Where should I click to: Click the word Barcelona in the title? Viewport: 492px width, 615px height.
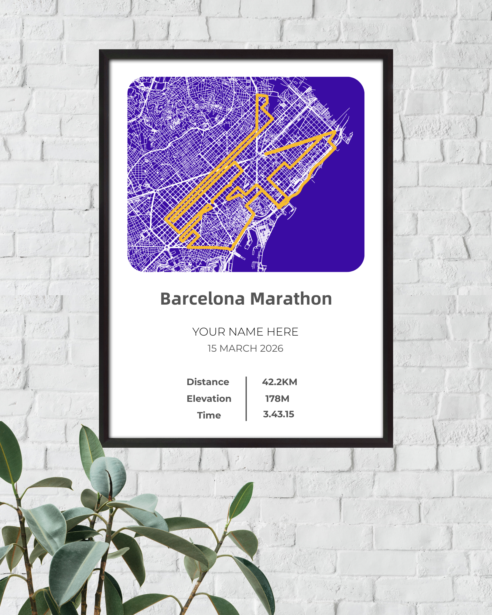(202, 299)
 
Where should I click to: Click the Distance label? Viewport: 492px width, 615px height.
(208, 382)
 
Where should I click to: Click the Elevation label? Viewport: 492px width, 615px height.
(209, 399)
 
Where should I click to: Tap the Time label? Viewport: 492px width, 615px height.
(209, 415)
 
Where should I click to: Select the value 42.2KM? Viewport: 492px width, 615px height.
(279, 382)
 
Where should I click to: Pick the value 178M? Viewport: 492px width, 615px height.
(277, 399)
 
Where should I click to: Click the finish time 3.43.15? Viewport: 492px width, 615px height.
(278, 414)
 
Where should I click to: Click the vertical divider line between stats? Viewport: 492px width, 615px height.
(246, 399)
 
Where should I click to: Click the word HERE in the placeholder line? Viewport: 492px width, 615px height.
(282, 332)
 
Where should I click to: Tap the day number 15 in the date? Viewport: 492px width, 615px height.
(212, 348)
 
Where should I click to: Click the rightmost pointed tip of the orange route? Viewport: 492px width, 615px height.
(335, 131)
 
